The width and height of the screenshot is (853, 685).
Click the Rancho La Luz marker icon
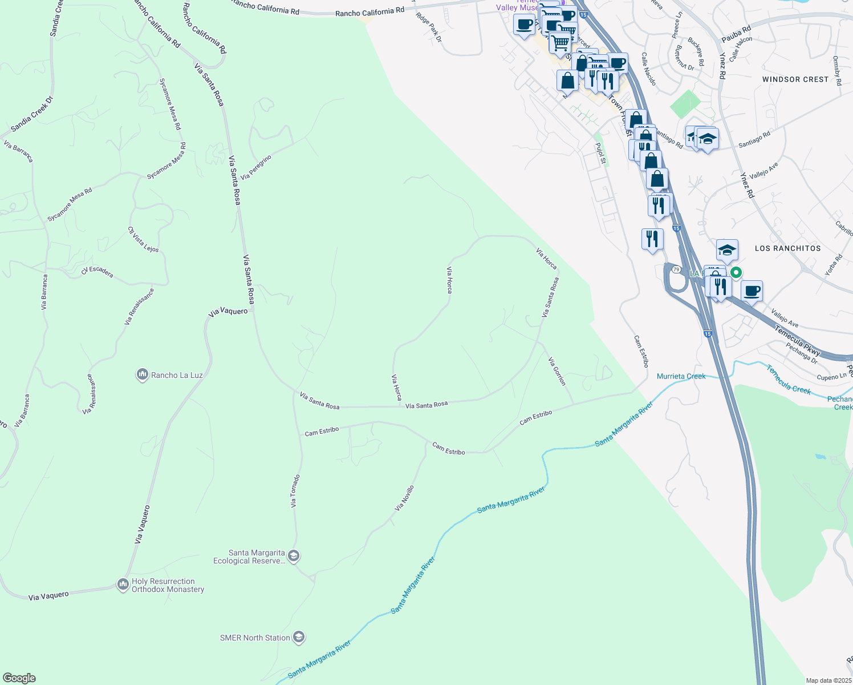(143, 375)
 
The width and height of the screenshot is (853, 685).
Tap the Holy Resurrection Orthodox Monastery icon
(123, 585)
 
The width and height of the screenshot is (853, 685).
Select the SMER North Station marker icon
(299, 637)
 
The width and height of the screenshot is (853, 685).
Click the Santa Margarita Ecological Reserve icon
(294, 556)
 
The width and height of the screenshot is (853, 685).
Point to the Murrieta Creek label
(681, 376)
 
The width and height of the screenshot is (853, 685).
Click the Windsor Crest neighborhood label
(795, 79)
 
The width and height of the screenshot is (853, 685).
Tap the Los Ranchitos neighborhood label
(787, 248)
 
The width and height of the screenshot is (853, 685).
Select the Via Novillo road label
(404, 498)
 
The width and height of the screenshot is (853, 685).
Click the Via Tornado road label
(295, 491)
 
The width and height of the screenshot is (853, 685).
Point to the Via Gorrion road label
(557, 372)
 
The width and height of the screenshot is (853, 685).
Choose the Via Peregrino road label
(256, 167)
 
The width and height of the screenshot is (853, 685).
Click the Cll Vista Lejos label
(143, 239)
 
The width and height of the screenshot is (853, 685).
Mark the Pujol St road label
(600, 153)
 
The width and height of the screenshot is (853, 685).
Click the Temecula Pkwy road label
(797, 340)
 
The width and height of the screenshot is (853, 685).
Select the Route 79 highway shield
(676, 269)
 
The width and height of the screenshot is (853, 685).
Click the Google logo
(19, 678)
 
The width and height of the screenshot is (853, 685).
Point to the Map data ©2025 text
(828, 680)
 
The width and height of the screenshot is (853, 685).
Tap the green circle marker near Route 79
(736, 273)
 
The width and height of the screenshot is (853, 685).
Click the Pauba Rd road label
(736, 34)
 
